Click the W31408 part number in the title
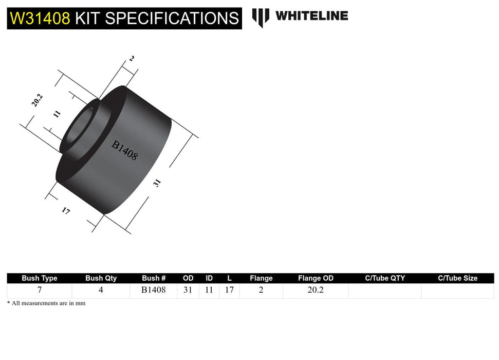coord(40,19)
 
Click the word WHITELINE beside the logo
coord(311,16)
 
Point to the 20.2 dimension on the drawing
coord(37,100)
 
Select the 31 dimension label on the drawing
coord(157,183)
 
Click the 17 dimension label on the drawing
coord(66,210)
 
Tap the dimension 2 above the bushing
coord(132,59)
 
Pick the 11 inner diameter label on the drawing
coord(57,114)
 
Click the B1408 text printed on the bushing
coord(124,151)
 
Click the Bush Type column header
coord(40,278)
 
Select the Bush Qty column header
coord(101,278)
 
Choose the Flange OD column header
coord(316,278)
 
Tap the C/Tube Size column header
coord(457,278)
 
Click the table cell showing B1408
coord(154,290)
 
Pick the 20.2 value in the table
coord(316,290)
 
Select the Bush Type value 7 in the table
coord(40,290)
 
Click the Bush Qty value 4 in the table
coord(101,290)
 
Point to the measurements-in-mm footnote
coord(46,303)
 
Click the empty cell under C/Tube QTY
coord(385,291)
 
